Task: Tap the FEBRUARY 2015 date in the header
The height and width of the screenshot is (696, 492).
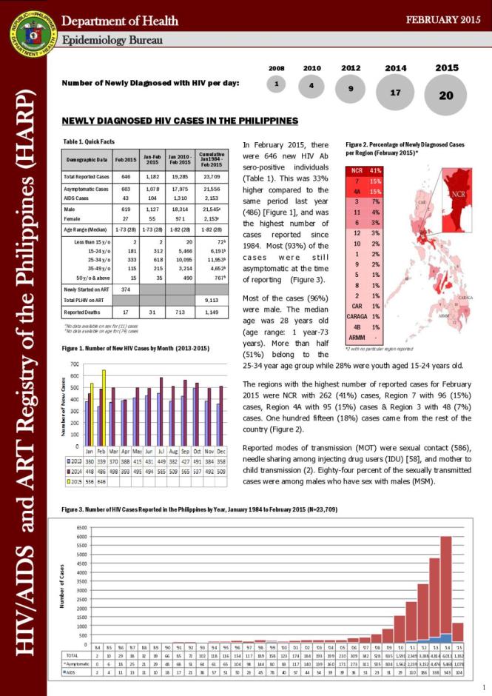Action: [444, 19]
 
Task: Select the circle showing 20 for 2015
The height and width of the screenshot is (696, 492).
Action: [447, 96]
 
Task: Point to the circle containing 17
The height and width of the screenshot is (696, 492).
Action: [395, 93]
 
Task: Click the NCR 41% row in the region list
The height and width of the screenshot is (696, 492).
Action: [367, 172]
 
